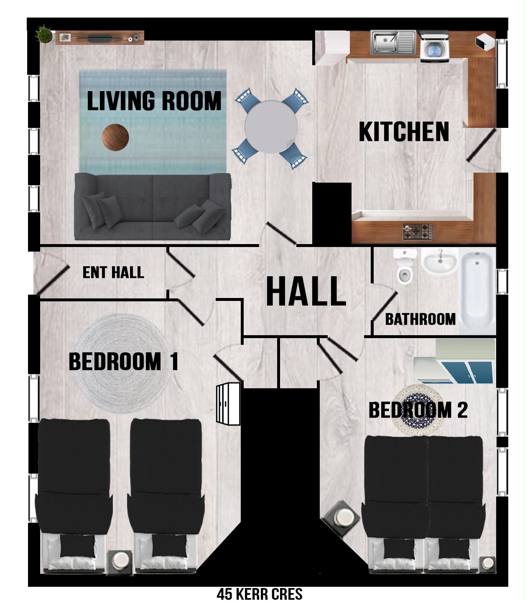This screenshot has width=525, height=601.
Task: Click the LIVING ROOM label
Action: pyautogui.click(x=154, y=101)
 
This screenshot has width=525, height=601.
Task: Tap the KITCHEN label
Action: pyautogui.click(x=404, y=132)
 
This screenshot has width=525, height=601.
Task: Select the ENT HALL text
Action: pyautogui.click(x=113, y=272)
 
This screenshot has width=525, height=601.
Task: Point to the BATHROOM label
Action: pyautogui.click(x=420, y=319)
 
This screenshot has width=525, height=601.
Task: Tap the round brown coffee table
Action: pyautogui.click(x=115, y=137)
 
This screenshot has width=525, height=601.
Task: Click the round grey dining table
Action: pyautogui.click(x=271, y=127)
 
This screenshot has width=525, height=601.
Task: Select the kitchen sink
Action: pyautogui.click(x=393, y=43)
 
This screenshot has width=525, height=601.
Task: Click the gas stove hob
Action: pyautogui.click(x=417, y=232)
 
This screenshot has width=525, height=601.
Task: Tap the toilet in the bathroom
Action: pyautogui.click(x=405, y=266)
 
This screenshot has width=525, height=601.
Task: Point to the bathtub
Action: pyautogui.click(x=477, y=291)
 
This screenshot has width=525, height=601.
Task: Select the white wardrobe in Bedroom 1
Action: pyautogui.click(x=228, y=404)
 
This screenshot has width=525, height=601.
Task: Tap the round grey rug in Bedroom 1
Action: pyautogui.click(x=122, y=363)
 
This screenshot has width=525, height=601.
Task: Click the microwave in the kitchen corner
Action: pyautogui.click(x=485, y=42)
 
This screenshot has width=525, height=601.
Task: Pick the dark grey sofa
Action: pyautogui.click(x=153, y=206)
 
